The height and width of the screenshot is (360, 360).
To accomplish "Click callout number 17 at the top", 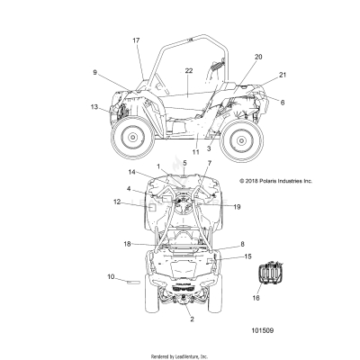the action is [x=136, y=40].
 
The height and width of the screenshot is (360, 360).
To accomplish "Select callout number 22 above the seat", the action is [x=189, y=71].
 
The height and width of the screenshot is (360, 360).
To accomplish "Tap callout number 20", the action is [x=258, y=57].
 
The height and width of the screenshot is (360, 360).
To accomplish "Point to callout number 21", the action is [x=283, y=75].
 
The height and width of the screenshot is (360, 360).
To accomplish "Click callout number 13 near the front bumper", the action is [x=94, y=107].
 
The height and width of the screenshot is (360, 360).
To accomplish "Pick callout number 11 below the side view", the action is [x=195, y=152].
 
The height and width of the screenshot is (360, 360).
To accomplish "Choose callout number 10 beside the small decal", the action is [x=111, y=276].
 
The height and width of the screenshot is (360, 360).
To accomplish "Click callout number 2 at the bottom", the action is [x=192, y=319].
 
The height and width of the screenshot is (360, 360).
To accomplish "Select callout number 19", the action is [x=237, y=207].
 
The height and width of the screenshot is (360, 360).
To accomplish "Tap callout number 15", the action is [x=247, y=256].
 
